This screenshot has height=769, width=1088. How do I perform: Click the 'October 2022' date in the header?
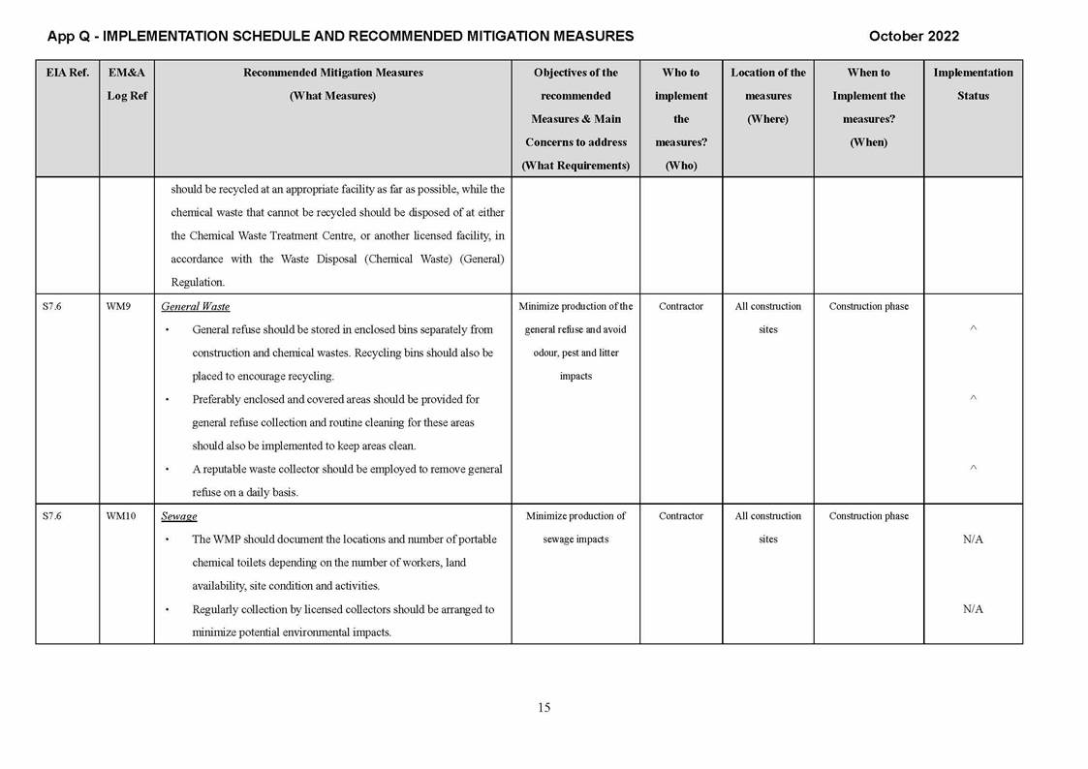point(914,36)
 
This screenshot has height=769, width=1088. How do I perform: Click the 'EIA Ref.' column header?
point(67,73)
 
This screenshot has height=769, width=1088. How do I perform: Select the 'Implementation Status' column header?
point(973,84)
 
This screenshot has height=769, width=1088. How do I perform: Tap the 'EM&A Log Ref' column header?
point(127,84)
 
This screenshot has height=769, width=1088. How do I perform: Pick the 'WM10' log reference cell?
point(120,516)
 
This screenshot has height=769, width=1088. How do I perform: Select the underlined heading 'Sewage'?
point(178,516)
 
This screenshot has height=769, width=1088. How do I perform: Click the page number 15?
point(544,708)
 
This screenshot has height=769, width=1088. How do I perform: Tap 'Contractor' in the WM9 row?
point(680,307)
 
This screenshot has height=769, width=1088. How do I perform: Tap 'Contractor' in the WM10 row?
point(680,516)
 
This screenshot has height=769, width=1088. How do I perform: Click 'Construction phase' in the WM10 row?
point(868,516)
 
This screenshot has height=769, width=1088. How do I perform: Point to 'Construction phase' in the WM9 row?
point(868,307)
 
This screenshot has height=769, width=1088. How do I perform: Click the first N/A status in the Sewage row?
point(973,539)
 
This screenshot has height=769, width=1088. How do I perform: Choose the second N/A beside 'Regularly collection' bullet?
point(973,609)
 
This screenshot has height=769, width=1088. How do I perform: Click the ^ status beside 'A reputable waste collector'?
point(973,469)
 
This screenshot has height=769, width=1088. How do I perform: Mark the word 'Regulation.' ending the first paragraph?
point(198,283)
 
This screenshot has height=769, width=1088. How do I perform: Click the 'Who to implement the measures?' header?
point(680,118)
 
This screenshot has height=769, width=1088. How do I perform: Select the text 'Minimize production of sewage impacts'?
point(575,528)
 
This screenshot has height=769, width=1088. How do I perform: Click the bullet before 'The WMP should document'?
point(168,539)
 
